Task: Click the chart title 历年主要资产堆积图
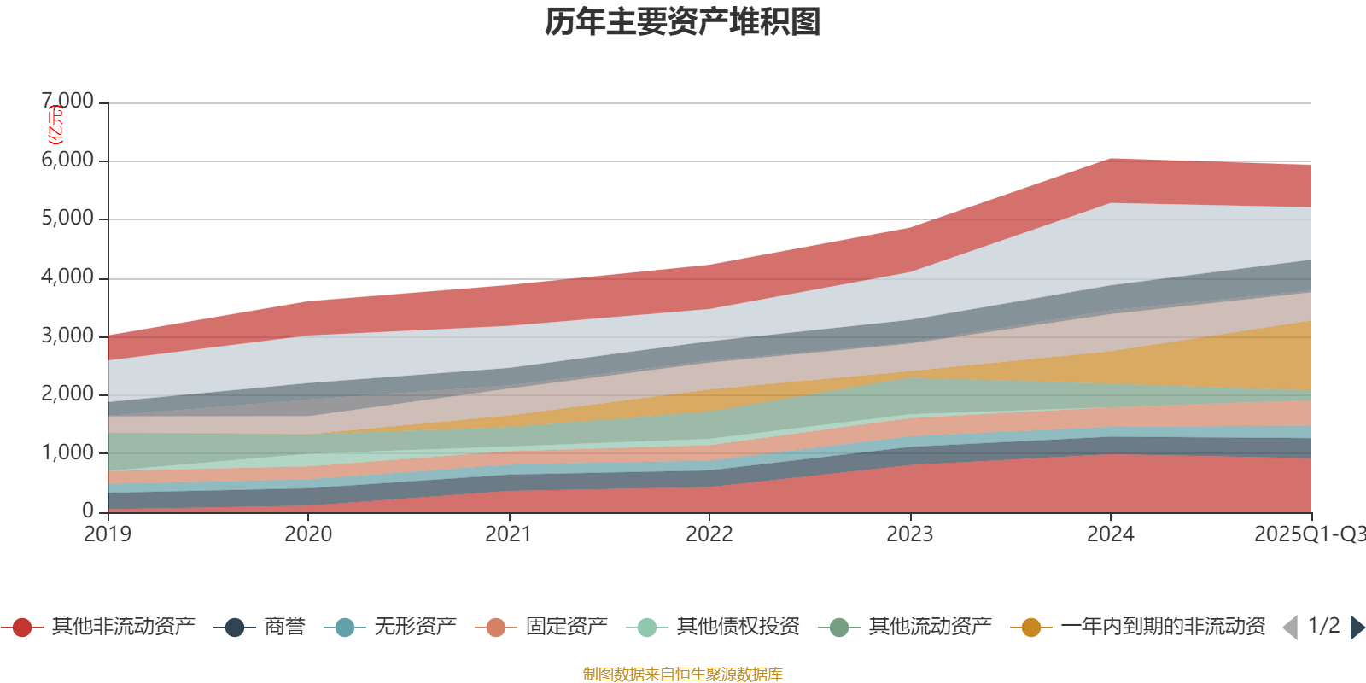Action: (x=683, y=23)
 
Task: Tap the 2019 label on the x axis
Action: (x=108, y=534)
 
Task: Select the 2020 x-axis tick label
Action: (x=308, y=534)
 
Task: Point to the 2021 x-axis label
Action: (x=509, y=534)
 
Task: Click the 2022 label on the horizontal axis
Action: (x=709, y=534)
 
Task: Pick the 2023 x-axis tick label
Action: (x=910, y=534)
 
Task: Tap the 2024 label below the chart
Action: (x=1111, y=534)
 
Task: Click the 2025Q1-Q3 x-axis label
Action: (x=1309, y=534)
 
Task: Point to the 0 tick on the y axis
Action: (x=88, y=511)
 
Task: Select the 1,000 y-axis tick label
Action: (x=68, y=452)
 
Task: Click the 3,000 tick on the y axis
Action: (x=68, y=336)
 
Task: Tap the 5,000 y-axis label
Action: (x=68, y=219)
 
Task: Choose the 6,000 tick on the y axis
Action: (x=68, y=161)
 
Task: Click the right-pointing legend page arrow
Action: (x=1357, y=628)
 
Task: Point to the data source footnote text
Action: (x=683, y=674)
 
